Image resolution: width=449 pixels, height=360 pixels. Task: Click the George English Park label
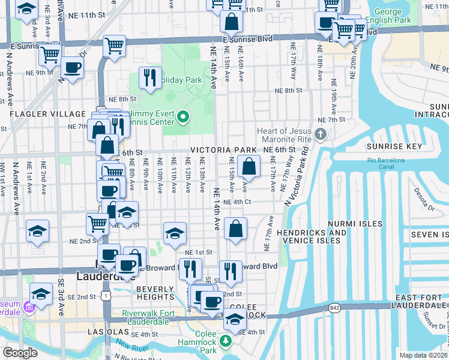(x=407, y=17)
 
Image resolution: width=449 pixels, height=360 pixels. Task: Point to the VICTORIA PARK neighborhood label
(x=224, y=149)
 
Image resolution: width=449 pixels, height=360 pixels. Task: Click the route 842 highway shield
(x=335, y=308)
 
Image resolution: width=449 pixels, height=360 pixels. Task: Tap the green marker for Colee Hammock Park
(x=226, y=341)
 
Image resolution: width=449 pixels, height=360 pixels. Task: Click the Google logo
(x=20, y=353)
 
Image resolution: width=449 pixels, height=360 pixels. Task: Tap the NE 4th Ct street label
(x=237, y=202)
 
